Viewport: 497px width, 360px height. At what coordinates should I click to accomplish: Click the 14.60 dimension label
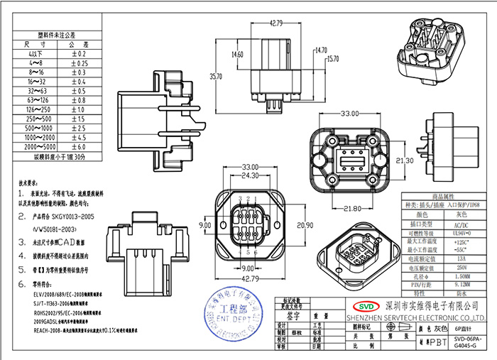click(x=238, y=55)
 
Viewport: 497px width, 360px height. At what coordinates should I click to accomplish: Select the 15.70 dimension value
click(x=332, y=59)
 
